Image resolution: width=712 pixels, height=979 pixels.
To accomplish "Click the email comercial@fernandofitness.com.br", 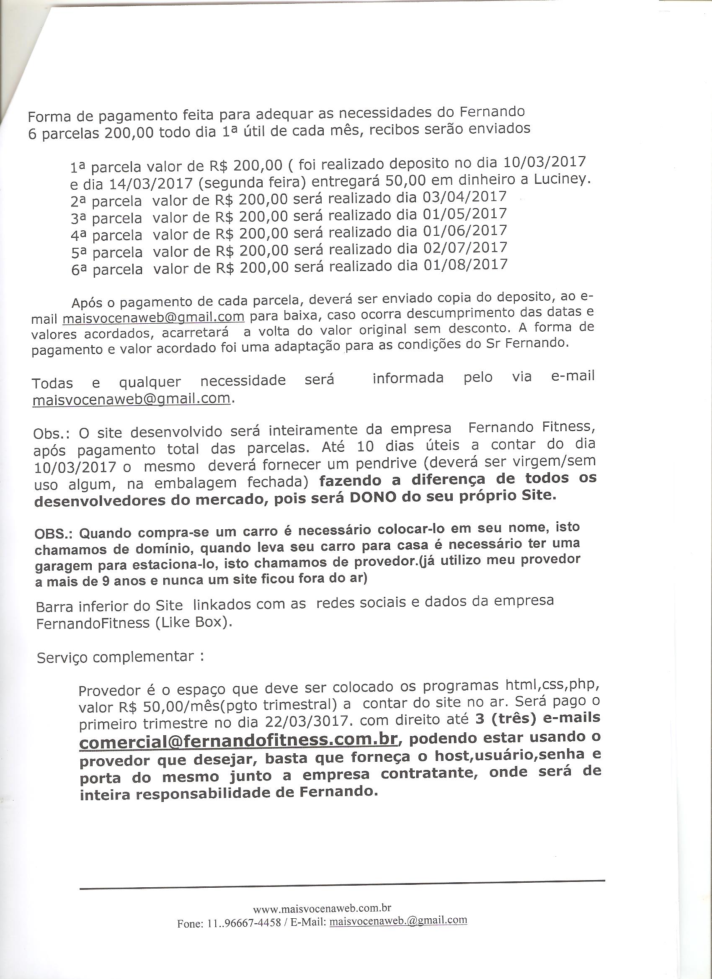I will [238, 740].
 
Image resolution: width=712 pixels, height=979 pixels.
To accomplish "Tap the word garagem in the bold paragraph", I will [64, 565].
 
